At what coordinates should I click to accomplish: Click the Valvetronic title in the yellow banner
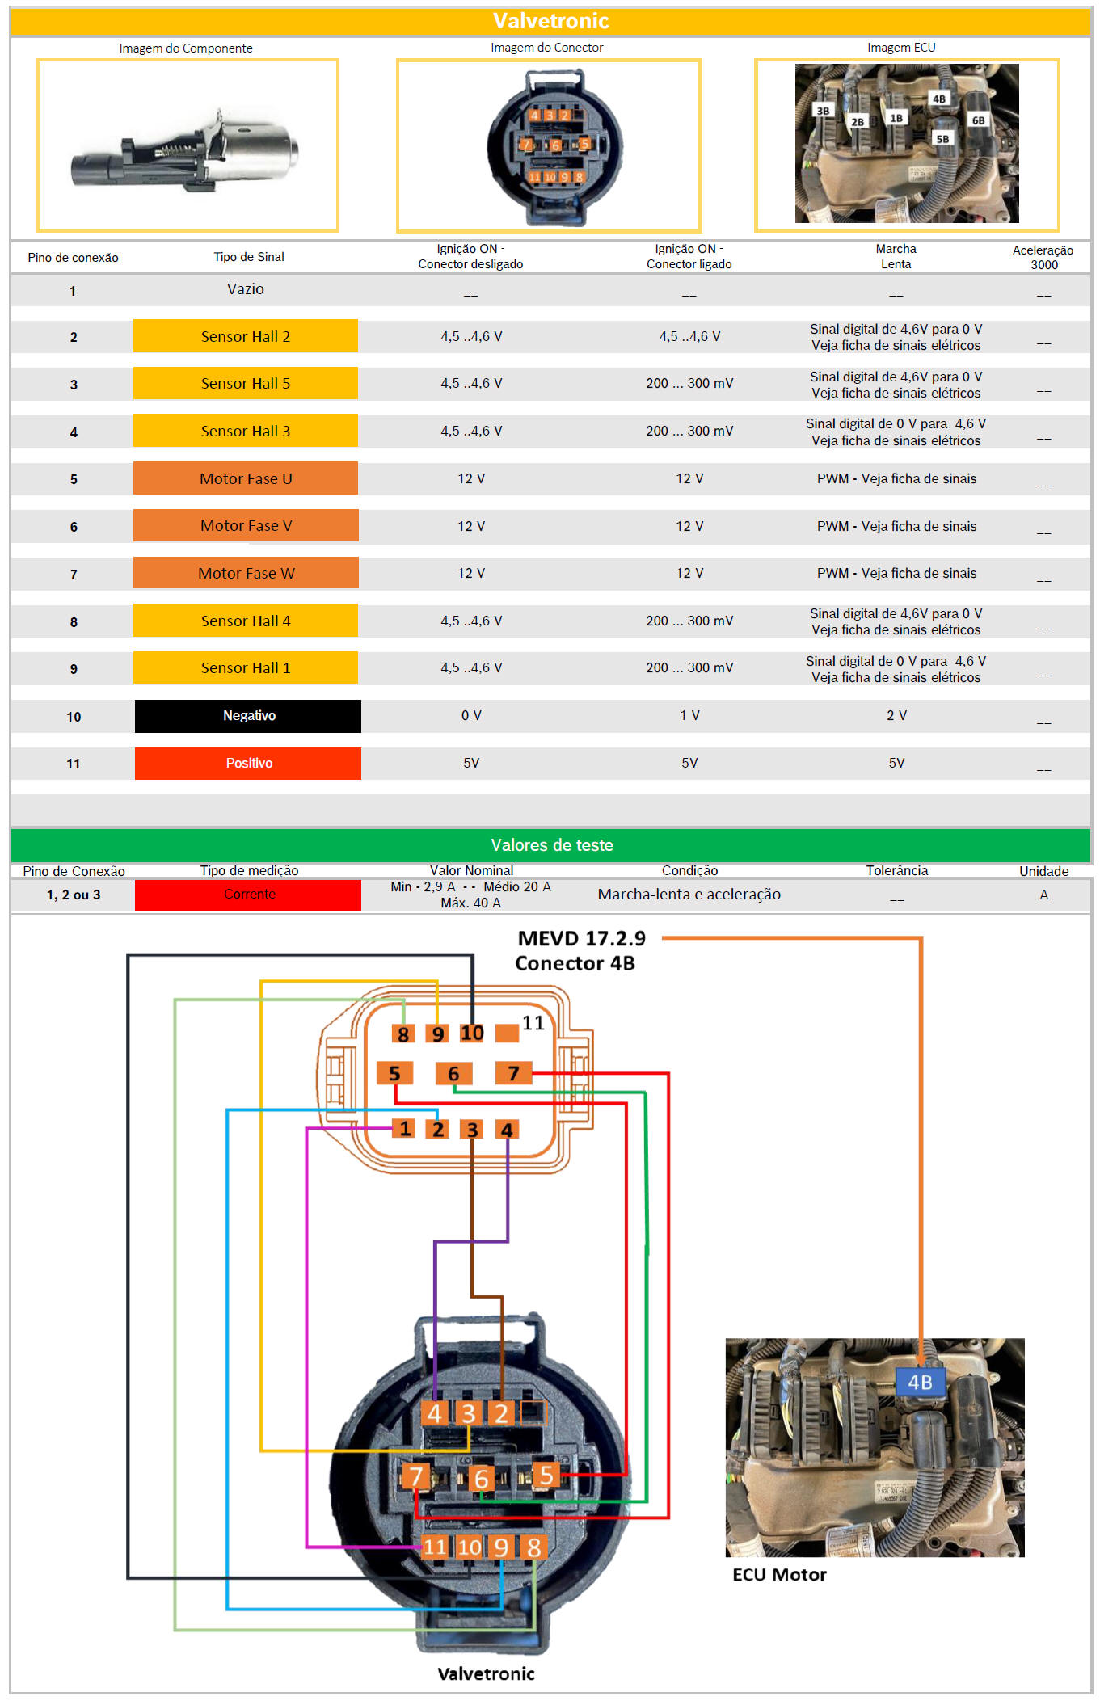coord(551,21)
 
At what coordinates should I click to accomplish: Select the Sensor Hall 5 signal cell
coord(246,384)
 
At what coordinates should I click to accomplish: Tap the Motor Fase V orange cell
coord(246,526)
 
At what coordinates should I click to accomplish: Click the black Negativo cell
coord(248,716)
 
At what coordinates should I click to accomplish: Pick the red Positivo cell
coord(248,764)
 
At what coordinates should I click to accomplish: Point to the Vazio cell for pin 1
coord(246,289)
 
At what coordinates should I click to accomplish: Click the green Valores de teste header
coord(551,845)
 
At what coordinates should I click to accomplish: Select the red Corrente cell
coord(248,895)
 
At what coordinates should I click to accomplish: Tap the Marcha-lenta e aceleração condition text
coord(689,895)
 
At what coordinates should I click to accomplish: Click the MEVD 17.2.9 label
coord(582,939)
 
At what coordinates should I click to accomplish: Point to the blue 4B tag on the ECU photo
coord(920,1383)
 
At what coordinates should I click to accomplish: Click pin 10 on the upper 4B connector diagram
coord(472,1034)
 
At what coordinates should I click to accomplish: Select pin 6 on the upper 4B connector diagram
coord(453,1074)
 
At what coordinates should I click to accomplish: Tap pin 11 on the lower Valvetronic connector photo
coord(435,1547)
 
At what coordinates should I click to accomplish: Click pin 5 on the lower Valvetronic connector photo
coord(546,1476)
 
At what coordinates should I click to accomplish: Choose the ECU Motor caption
coord(779,1575)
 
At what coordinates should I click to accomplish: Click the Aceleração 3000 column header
coord(1043,257)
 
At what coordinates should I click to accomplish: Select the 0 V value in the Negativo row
coord(471,716)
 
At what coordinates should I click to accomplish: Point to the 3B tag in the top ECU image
coord(823,111)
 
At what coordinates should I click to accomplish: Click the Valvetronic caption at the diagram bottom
coord(486,1674)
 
